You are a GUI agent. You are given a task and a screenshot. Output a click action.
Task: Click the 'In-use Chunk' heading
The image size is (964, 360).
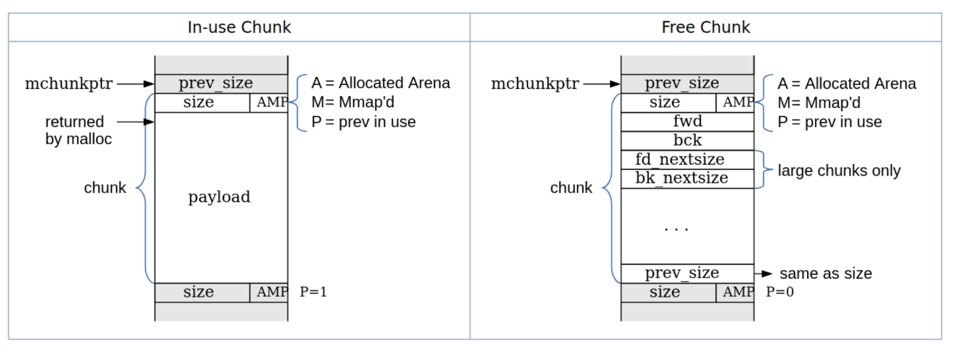pos(239,27)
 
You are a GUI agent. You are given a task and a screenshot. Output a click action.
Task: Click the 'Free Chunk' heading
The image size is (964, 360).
pos(706,27)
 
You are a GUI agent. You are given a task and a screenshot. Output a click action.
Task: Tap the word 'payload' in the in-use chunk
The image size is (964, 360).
pos(219,197)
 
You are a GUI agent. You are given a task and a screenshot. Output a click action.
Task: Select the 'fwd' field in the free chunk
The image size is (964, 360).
pos(688,121)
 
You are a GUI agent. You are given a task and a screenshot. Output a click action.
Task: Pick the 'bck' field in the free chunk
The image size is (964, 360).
pos(688,141)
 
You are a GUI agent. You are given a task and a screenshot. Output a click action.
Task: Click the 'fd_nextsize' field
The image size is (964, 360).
pos(680,159)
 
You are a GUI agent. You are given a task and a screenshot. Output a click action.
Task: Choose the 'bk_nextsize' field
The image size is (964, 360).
pos(682,178)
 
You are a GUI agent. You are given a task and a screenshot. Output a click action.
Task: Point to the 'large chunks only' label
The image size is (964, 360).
pos(839,171)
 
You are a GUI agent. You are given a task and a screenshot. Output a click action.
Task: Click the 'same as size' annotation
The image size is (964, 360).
pos(826,273)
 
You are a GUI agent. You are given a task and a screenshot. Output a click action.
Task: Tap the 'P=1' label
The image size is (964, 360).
pos(313,292)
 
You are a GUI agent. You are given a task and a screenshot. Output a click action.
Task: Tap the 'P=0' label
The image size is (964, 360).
pos(779,292)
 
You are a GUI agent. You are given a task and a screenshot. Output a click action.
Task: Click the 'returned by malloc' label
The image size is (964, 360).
pos(78,130)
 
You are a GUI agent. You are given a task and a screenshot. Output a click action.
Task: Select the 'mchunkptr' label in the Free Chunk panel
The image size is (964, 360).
pos(535,84)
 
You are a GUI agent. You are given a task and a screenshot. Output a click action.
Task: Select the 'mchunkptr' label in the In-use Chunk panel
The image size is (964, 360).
pos(69,84)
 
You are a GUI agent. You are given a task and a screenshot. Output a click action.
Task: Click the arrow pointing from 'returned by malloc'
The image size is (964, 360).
pos(135,122)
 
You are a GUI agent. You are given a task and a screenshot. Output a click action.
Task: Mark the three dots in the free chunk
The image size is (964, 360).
pos(676,229)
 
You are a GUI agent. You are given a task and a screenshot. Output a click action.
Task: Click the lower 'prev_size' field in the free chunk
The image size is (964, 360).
pos(682,273)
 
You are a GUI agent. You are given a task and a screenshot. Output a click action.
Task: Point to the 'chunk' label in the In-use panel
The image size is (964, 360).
pos(105,188)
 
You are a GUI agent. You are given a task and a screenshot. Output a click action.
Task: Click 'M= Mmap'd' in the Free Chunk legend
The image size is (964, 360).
pos(819,103)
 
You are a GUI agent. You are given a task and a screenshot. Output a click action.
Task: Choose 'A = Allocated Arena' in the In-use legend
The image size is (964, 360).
pos(380,83)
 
